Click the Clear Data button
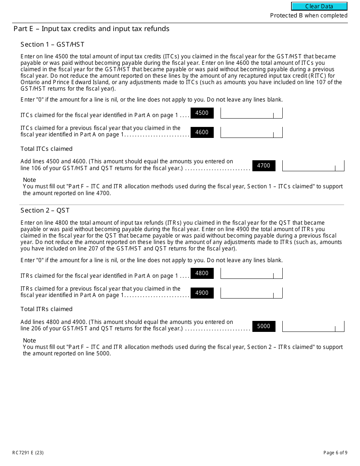pos(319,6)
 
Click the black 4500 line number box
pos(202,113)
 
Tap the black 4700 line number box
pos(264,166)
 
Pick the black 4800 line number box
pos(202,273)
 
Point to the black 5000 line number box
pos(264,326)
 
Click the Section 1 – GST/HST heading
pos(52,45)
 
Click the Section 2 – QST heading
pos(45,211)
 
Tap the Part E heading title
pos(91,29)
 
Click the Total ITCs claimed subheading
pos(46,149)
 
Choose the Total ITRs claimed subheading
pos(46,309)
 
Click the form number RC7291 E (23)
pos(25,453)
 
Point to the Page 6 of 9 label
pos(335,453)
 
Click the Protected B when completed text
pos(308,16)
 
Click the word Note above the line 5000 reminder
pos(30,341)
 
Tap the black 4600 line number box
pos(202,132)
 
